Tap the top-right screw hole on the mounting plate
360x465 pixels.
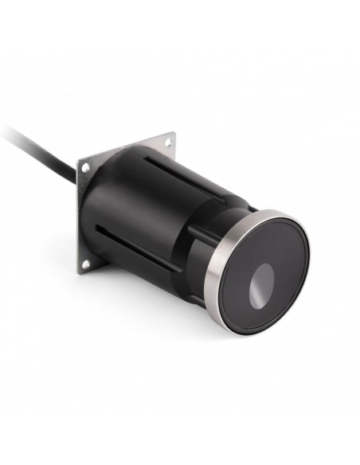pyautogui.click(x=168, y=143)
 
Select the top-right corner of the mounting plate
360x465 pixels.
pyautogui.click(x=173, y=135)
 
